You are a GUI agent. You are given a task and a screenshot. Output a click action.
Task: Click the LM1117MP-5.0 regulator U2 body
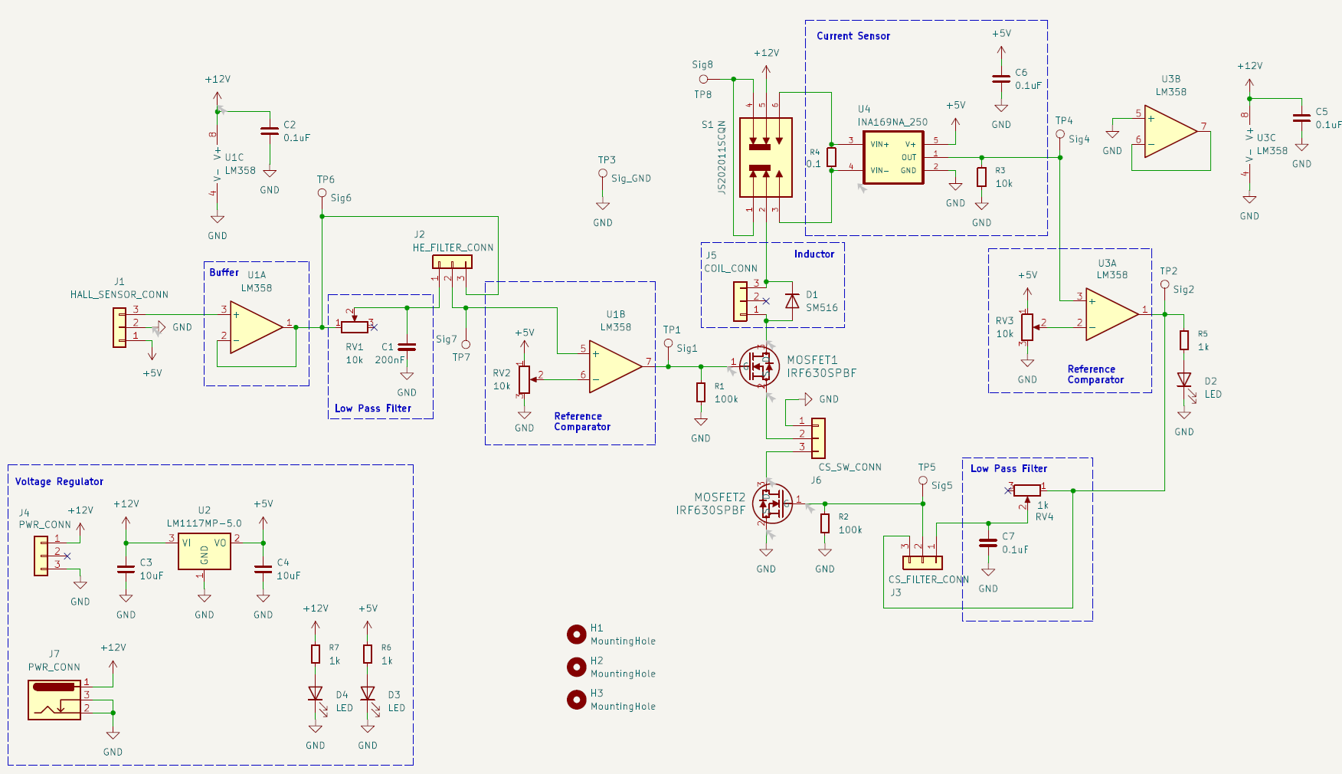tap(205, 552)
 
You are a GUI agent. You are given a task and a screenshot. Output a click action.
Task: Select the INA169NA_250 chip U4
tap(893, 157)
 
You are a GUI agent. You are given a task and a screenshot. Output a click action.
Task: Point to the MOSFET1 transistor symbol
tap(760, 366)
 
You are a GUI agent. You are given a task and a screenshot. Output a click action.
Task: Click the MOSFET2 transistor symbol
tap(772, 503)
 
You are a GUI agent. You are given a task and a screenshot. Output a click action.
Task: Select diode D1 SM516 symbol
tap(793, 301)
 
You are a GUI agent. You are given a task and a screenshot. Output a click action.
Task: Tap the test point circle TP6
tap(322, 193)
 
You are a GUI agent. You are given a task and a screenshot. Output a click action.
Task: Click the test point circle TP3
tap(603, 174)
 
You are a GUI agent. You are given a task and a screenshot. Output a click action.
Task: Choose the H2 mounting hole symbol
tap(577, 667)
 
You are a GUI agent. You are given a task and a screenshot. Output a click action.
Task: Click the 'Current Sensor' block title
tap(853, 36)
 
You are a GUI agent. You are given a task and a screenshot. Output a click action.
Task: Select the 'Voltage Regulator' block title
tap(59, 481)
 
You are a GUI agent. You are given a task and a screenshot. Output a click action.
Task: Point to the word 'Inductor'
tap(814, 254)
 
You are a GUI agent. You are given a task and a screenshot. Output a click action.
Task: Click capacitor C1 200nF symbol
tap(407, 347)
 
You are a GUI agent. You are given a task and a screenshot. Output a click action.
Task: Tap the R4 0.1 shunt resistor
tap(831, 157)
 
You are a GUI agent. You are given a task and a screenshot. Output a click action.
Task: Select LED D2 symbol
tap(1184, 380)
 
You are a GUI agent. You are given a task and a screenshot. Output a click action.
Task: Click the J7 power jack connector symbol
tap(54, 700)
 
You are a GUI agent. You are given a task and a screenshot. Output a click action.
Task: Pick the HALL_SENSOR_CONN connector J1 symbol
tap(119, 327)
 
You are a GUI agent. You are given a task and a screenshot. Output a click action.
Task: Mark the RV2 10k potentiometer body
tap(524, 379)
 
